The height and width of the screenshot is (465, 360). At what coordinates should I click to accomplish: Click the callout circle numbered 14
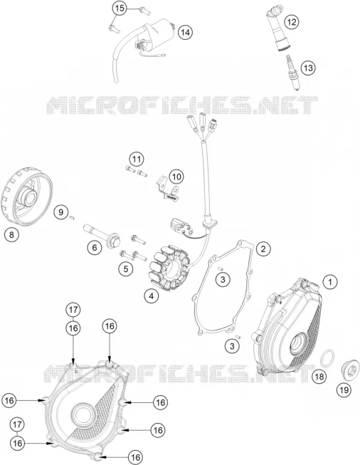coord(185,32)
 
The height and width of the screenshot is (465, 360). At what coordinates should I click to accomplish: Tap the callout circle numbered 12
coord(292,22)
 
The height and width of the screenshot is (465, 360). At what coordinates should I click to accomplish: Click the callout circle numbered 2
coord(263,249)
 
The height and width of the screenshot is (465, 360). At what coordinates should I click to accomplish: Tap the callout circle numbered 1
coord(330,281)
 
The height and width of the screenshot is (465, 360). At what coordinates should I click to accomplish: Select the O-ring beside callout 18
coord(327,358)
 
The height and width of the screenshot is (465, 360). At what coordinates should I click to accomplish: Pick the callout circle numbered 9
coord(61,212)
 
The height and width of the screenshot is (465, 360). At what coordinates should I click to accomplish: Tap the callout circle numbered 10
coord(176,177)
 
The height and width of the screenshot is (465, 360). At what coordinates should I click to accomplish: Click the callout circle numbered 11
coord(137,160)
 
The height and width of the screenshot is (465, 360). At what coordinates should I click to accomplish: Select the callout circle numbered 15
coord(120,9)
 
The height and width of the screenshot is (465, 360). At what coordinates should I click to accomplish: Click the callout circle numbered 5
coord(126,268)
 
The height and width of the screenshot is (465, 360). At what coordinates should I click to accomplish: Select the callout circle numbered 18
coord(319,377)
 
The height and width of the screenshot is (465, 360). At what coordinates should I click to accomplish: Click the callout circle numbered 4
coord(152,296)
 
